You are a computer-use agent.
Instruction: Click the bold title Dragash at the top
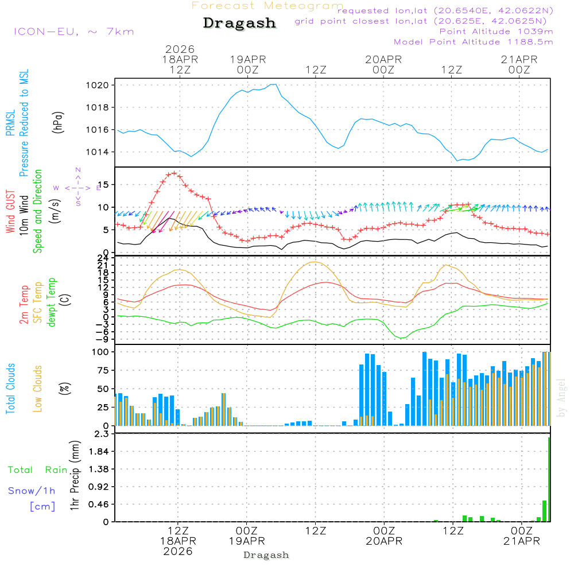tap(239, 23)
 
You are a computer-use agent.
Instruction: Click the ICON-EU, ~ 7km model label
tap(73, 32)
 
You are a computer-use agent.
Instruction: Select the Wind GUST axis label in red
tap(10, 213)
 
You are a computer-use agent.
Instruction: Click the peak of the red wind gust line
tap(173, 173)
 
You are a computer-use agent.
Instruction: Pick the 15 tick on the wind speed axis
tap(105, 185)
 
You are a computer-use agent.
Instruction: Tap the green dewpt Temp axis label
tap(52, 302)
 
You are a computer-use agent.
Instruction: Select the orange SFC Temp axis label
tap(38, 302)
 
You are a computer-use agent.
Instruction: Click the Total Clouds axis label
tap(10, 389)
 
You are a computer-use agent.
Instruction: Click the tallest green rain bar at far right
tap(549, 479)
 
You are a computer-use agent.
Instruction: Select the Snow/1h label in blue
tap(32, 491)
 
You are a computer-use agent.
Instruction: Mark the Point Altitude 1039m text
tap(496, 32)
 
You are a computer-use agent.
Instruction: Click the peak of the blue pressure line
tap(274, 84)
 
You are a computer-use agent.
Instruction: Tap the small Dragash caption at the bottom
tap(266, 555)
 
